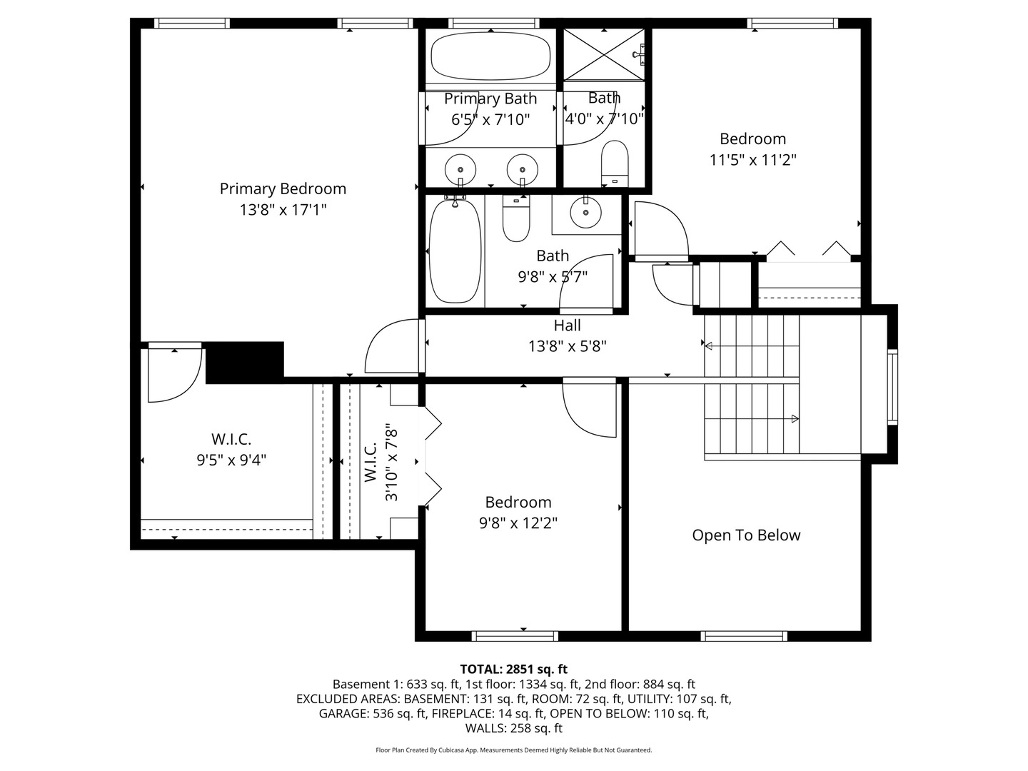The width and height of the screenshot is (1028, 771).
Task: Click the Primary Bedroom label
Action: click(283, 188)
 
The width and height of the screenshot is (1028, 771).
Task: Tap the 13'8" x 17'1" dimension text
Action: click(283, 210)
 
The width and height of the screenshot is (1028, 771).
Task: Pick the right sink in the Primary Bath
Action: click(522, 169)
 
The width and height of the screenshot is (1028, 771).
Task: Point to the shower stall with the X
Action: click(605, 54)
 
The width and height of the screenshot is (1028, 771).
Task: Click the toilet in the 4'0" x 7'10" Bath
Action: click(614, 161)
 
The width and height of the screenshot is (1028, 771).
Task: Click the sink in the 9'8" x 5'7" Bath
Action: click(586, 211)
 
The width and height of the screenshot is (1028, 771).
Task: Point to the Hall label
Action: click(567, 326)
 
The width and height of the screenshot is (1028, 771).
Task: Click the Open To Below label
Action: click(746, 535)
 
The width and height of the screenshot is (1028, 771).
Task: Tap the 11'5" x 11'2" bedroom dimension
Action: click(752, 160)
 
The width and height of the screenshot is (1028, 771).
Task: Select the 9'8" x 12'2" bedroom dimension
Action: click(518, 523)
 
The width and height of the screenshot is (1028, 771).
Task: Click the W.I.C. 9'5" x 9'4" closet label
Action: click(231, 450)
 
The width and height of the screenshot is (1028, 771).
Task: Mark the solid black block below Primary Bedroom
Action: click(244, 362)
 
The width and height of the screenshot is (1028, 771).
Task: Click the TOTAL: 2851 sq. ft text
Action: click(513, 669)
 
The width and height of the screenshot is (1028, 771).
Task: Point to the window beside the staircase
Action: click(892, 387)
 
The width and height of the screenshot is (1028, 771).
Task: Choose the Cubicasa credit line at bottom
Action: click(513, 750)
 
